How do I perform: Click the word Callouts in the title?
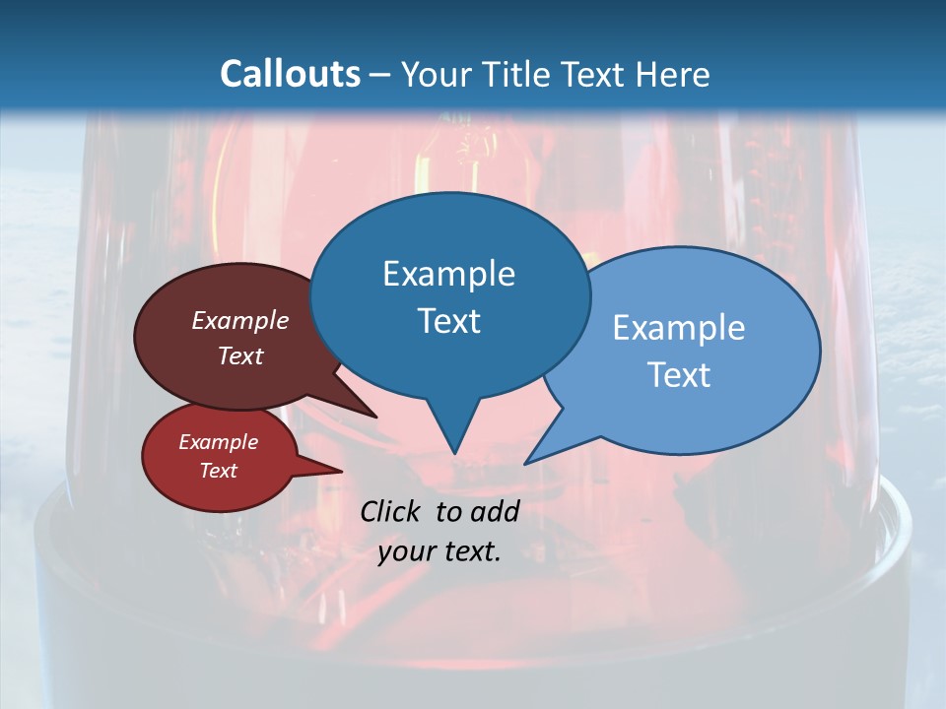point(290,74)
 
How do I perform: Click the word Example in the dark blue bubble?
point(448,274)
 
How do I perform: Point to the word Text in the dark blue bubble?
point(448,321)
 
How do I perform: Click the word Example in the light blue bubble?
point(679,328)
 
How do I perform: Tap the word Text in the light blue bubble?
point(679,375)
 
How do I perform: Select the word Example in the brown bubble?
point(240,321)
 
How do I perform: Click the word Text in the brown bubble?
point(240,356)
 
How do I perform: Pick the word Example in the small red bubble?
point(219,442)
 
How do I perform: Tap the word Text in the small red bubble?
point(219,471)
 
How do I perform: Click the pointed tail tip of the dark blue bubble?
point(454,453)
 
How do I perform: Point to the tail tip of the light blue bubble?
point(525,463)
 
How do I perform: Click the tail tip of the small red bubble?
point(342,471)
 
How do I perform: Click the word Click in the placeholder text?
point(390,511)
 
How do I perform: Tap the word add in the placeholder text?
point(495,511)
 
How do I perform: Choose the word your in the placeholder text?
point(405,551)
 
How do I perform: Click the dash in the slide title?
point(381,75)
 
